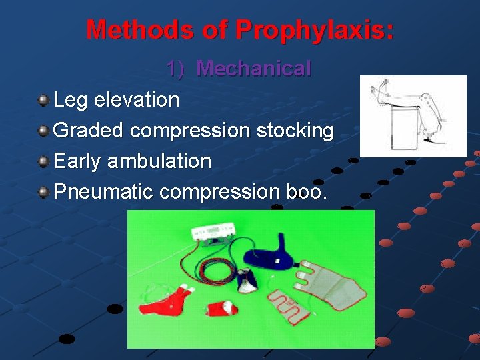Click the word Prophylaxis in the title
point(315,29)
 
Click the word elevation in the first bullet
point(137,100)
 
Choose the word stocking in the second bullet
point(297,131)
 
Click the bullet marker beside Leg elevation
point(43,101)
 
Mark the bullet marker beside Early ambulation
point(43,162)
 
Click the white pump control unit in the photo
point(211,231)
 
